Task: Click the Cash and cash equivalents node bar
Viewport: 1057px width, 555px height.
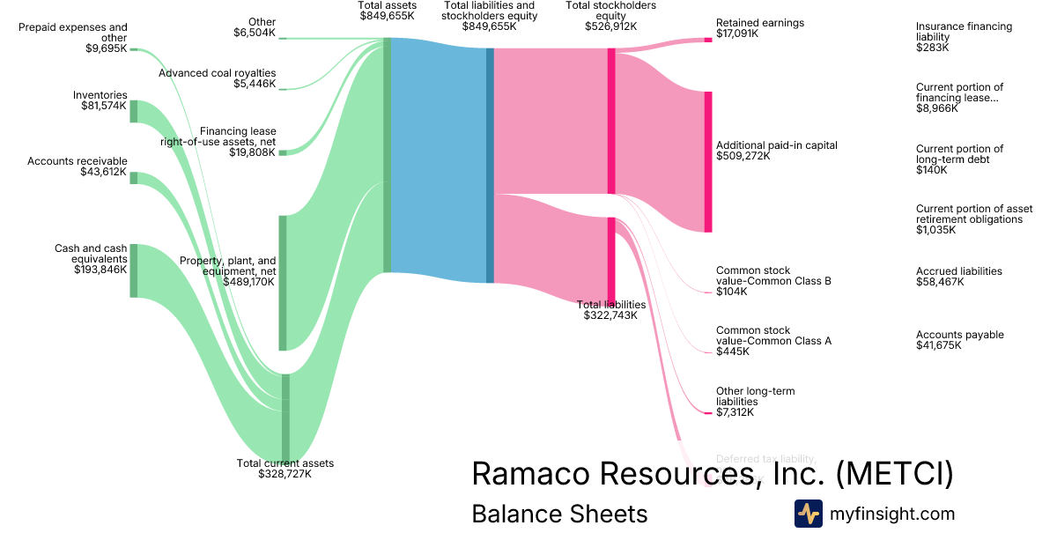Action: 134,270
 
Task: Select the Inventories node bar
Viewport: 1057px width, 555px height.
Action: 134,112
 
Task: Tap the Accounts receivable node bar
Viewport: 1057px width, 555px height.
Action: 134,178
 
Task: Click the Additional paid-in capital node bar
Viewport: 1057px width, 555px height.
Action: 707,161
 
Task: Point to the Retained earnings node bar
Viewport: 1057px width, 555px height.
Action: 707,40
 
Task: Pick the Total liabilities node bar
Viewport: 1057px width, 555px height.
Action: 611,260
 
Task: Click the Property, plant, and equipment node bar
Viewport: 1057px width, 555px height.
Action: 283,282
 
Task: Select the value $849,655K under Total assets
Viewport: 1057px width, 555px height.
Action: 387,16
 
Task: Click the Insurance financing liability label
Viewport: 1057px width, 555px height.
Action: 964,32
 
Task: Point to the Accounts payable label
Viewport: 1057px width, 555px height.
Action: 959,335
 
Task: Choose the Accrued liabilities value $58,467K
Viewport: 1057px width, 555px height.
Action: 940,283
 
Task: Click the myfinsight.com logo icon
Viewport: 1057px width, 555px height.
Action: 808,514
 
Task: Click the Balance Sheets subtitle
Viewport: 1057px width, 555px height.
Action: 559,514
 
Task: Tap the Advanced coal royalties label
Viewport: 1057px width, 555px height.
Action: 217,73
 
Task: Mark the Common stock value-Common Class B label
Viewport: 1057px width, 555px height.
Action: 772,276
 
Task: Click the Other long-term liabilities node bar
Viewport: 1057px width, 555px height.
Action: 707,412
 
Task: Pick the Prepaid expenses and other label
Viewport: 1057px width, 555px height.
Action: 73,33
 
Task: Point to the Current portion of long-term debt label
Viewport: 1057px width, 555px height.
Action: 959,154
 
